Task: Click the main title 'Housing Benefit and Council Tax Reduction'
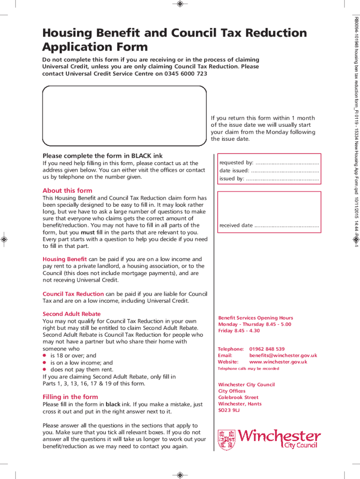click(x=174, y=33)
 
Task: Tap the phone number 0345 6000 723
click(x=186, y=73)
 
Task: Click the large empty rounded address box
click(x=124, y=116)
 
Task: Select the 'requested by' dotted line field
click(x=287, y=163)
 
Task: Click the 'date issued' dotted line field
click(x=285, y=171)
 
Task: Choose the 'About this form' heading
click(x=67, y=190)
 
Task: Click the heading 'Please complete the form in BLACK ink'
click(x=102, y=155)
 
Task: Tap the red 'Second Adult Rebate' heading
click(x=72, y=314)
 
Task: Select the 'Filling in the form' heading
click(x=70, y=397)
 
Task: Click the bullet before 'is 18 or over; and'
click(x=44, y=356)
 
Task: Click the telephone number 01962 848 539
click(x=267, y=349)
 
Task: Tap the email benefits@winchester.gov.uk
click(x=283, y=355)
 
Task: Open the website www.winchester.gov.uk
click(x=278, y=362)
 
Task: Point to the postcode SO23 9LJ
click(x=229, y=410)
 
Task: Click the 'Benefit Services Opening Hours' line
click(x=255, y=318)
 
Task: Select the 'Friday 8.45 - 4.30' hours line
click(x=238, y=331)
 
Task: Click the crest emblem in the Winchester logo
click(x=227, y=440)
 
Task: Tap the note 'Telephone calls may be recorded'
click(x=248, y=369)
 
